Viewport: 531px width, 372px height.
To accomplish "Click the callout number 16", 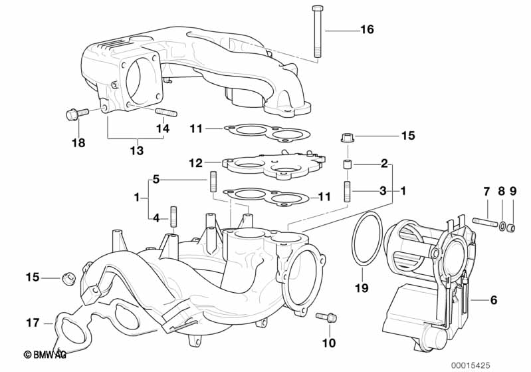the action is pos(367,29).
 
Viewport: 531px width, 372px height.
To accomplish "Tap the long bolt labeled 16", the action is pos(317,31).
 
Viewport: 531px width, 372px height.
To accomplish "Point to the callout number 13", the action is pos(137,150).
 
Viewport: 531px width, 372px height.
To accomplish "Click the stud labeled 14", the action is pos(166,112).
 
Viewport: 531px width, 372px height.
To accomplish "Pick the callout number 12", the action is pos(196,163).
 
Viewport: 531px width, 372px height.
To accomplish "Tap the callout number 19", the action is pos(362,288).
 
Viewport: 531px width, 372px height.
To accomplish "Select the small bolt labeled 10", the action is pos(326,317).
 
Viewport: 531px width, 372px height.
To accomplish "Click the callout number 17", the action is pos(33,323).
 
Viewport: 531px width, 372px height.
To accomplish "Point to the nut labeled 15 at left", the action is pos(68,279).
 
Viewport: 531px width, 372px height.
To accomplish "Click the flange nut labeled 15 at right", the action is pos(348,138).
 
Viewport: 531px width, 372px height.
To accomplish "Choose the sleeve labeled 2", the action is pos(348,165).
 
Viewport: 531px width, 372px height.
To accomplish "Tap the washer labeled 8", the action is pos(502,225).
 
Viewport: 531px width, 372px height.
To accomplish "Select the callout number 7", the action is pos(486,192).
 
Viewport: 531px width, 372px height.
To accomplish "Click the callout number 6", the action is pos(494,299).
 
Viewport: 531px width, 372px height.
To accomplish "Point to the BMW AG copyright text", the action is pos(45,355).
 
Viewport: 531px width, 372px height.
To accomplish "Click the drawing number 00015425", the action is pos(471,365).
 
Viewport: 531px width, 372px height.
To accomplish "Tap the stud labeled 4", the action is pos(173,217).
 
